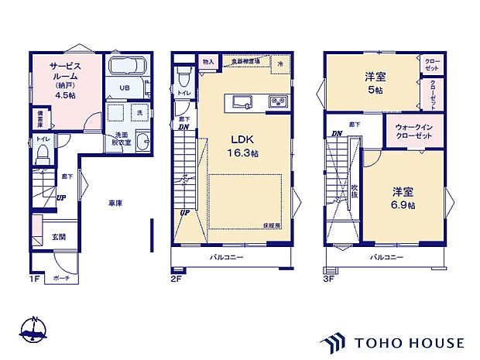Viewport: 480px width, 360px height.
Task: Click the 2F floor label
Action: pyautogui.click(x=177, y=277)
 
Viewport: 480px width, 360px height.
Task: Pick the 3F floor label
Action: pyautogui.click(x=328, y=277)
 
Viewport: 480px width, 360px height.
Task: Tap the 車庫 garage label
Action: pyautogui.click(x=115, y=204)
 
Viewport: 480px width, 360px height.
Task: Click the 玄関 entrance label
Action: pyautogui.click(x=59, y=237)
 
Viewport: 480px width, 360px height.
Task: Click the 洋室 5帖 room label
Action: pyautogui.click(x=375, y=83)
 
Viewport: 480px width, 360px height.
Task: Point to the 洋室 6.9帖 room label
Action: pyautogui.click(x=402, y=198)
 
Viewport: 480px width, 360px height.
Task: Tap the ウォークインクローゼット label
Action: pyautogui.click(x=414, y=132)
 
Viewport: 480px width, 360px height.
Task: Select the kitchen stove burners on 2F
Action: pyautogui.click(x=277, y=102)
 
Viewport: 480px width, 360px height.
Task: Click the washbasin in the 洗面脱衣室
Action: pyautogui.click(x=142, y=142)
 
